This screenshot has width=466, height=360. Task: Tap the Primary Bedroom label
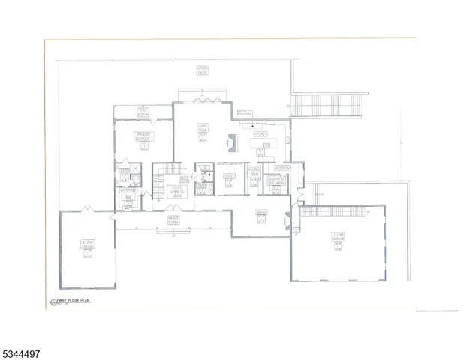click(144, 137)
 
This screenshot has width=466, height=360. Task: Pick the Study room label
click(230, 175)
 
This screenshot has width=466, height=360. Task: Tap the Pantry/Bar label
click(253, 172)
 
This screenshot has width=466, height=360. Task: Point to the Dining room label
click(261, 212)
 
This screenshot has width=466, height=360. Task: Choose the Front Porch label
click(172, 219)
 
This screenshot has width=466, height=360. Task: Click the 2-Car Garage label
click(87, 244)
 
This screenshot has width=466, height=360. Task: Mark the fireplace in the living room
click(232, 142)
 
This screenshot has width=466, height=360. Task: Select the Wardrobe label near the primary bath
click(127, 190)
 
